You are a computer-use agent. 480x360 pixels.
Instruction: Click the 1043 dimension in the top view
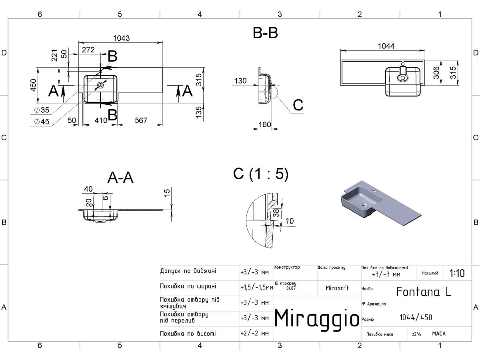point(121,38)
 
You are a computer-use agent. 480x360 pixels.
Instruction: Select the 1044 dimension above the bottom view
point(386,46)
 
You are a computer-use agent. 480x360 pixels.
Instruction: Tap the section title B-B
point(265,33)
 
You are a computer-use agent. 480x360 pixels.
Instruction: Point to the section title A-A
point(120,177)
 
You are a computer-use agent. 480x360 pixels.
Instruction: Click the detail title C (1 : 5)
point(261,174)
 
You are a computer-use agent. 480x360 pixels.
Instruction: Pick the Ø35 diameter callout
point(42,110)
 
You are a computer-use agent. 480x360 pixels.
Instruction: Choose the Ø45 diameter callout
point(42,122)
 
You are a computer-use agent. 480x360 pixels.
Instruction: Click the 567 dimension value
point(141,120)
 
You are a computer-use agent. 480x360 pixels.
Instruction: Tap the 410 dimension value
point(101,120)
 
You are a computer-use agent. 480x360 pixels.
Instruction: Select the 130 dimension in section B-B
point(240,81)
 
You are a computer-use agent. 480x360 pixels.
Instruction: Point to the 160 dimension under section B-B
point(265,124)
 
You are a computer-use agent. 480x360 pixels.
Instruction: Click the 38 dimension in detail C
point(276,213)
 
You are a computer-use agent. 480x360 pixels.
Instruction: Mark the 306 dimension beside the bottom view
point(436,72)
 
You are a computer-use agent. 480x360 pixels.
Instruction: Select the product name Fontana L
point(424,292)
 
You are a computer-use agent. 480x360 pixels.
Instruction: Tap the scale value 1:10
point(457,273)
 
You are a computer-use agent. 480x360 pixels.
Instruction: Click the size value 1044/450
point(416,317)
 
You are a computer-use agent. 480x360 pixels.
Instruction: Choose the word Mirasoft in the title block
point(337,288)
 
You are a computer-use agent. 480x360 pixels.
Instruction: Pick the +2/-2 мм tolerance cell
point(254,333)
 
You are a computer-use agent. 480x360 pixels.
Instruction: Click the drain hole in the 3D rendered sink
point(365,205)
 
